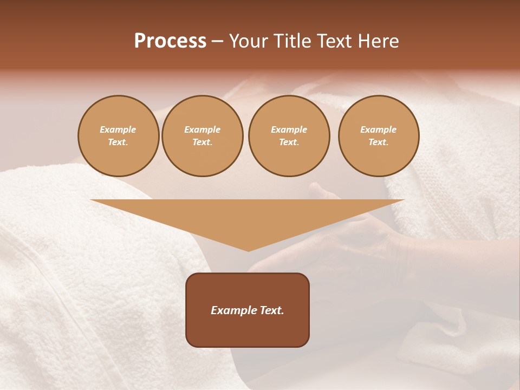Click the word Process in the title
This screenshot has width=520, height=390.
[170, 41]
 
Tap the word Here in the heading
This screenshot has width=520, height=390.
[378, 41]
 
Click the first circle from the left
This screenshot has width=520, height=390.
[118, 136]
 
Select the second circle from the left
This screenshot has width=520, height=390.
[203, 136]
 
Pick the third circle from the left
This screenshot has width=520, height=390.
[289, 136]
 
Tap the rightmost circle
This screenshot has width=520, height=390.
[379, 136]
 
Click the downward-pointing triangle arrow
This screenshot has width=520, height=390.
[248, 217]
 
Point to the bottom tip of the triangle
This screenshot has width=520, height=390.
[248, 251]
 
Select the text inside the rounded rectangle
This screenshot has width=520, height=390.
[248, 310]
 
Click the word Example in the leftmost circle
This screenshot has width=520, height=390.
[118, 129]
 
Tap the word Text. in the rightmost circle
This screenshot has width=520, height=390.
[379, 142]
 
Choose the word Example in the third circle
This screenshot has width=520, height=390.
[289, 129]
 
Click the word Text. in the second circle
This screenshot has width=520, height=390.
[203, 142]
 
